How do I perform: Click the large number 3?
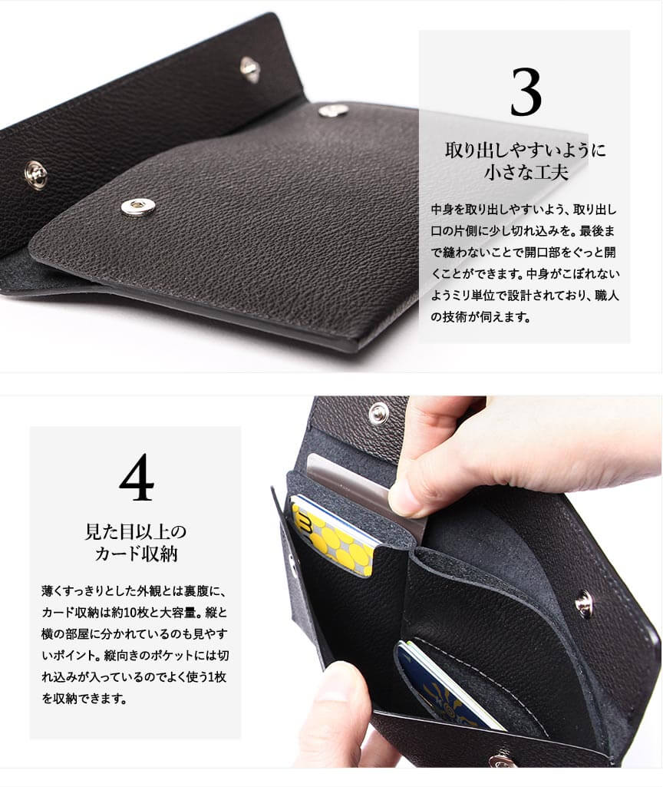click(x=526, y=92)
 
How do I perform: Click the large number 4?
click(x=137, y=478)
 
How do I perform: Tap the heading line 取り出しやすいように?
click(x=525, y=150)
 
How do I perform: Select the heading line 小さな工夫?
click(x=526, y=172)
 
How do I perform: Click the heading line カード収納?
click(x=136, y=553)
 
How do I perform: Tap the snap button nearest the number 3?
click(x=334, y=110)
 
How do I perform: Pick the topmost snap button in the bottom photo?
click(x=378, y=414)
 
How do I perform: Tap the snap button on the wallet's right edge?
click(x=583, y=603)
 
